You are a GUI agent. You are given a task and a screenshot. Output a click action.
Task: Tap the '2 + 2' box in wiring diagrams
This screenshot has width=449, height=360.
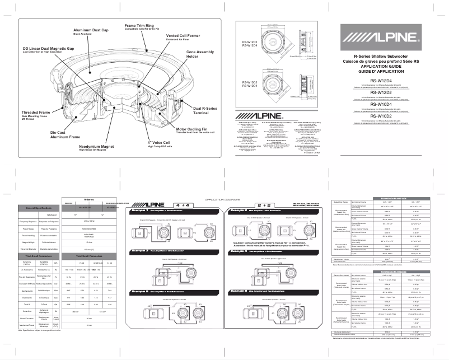(x=262, y=205)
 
